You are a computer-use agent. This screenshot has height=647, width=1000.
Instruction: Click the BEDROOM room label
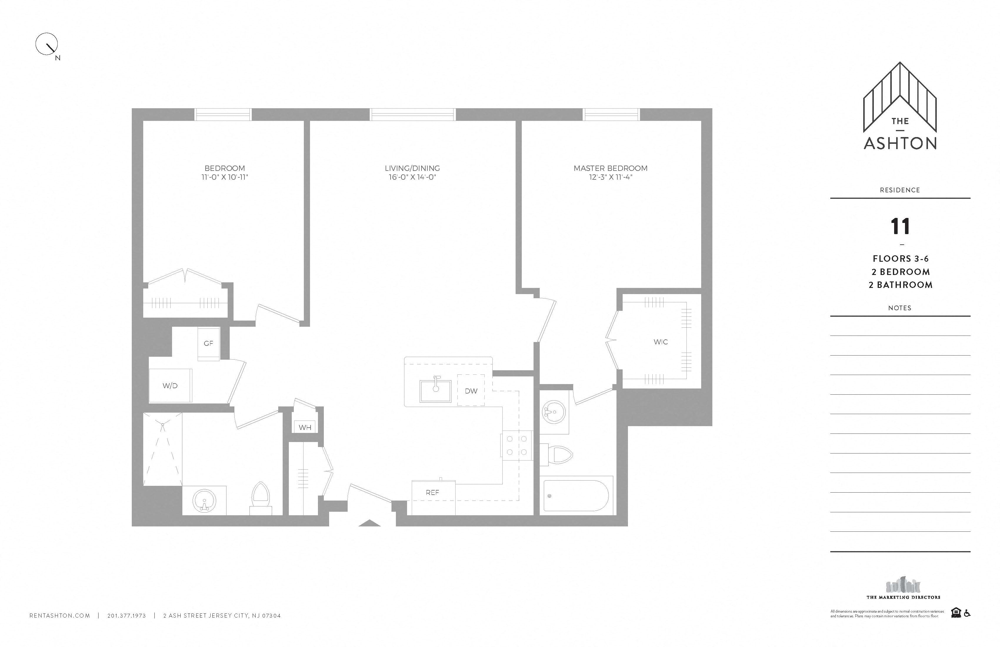coord(224,168)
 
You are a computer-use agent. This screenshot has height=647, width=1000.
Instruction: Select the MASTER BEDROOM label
coord(611,168)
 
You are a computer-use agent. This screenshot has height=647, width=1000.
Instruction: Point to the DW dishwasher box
coord(471,391)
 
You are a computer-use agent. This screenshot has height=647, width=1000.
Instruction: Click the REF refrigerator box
coord(433,492)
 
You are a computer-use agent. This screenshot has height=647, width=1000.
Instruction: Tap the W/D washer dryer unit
coord(171,386)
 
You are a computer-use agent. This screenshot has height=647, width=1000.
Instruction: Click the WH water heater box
coord(305,428)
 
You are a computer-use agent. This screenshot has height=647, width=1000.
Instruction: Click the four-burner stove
coord(516,445)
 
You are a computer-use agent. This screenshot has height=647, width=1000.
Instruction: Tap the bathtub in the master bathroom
coord(576,496)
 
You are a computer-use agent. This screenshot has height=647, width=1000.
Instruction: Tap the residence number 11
coord(900,226)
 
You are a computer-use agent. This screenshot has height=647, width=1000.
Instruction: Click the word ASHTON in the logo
coord(900,143)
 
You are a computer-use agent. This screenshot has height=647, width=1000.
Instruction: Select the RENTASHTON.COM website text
coord(60,616)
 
